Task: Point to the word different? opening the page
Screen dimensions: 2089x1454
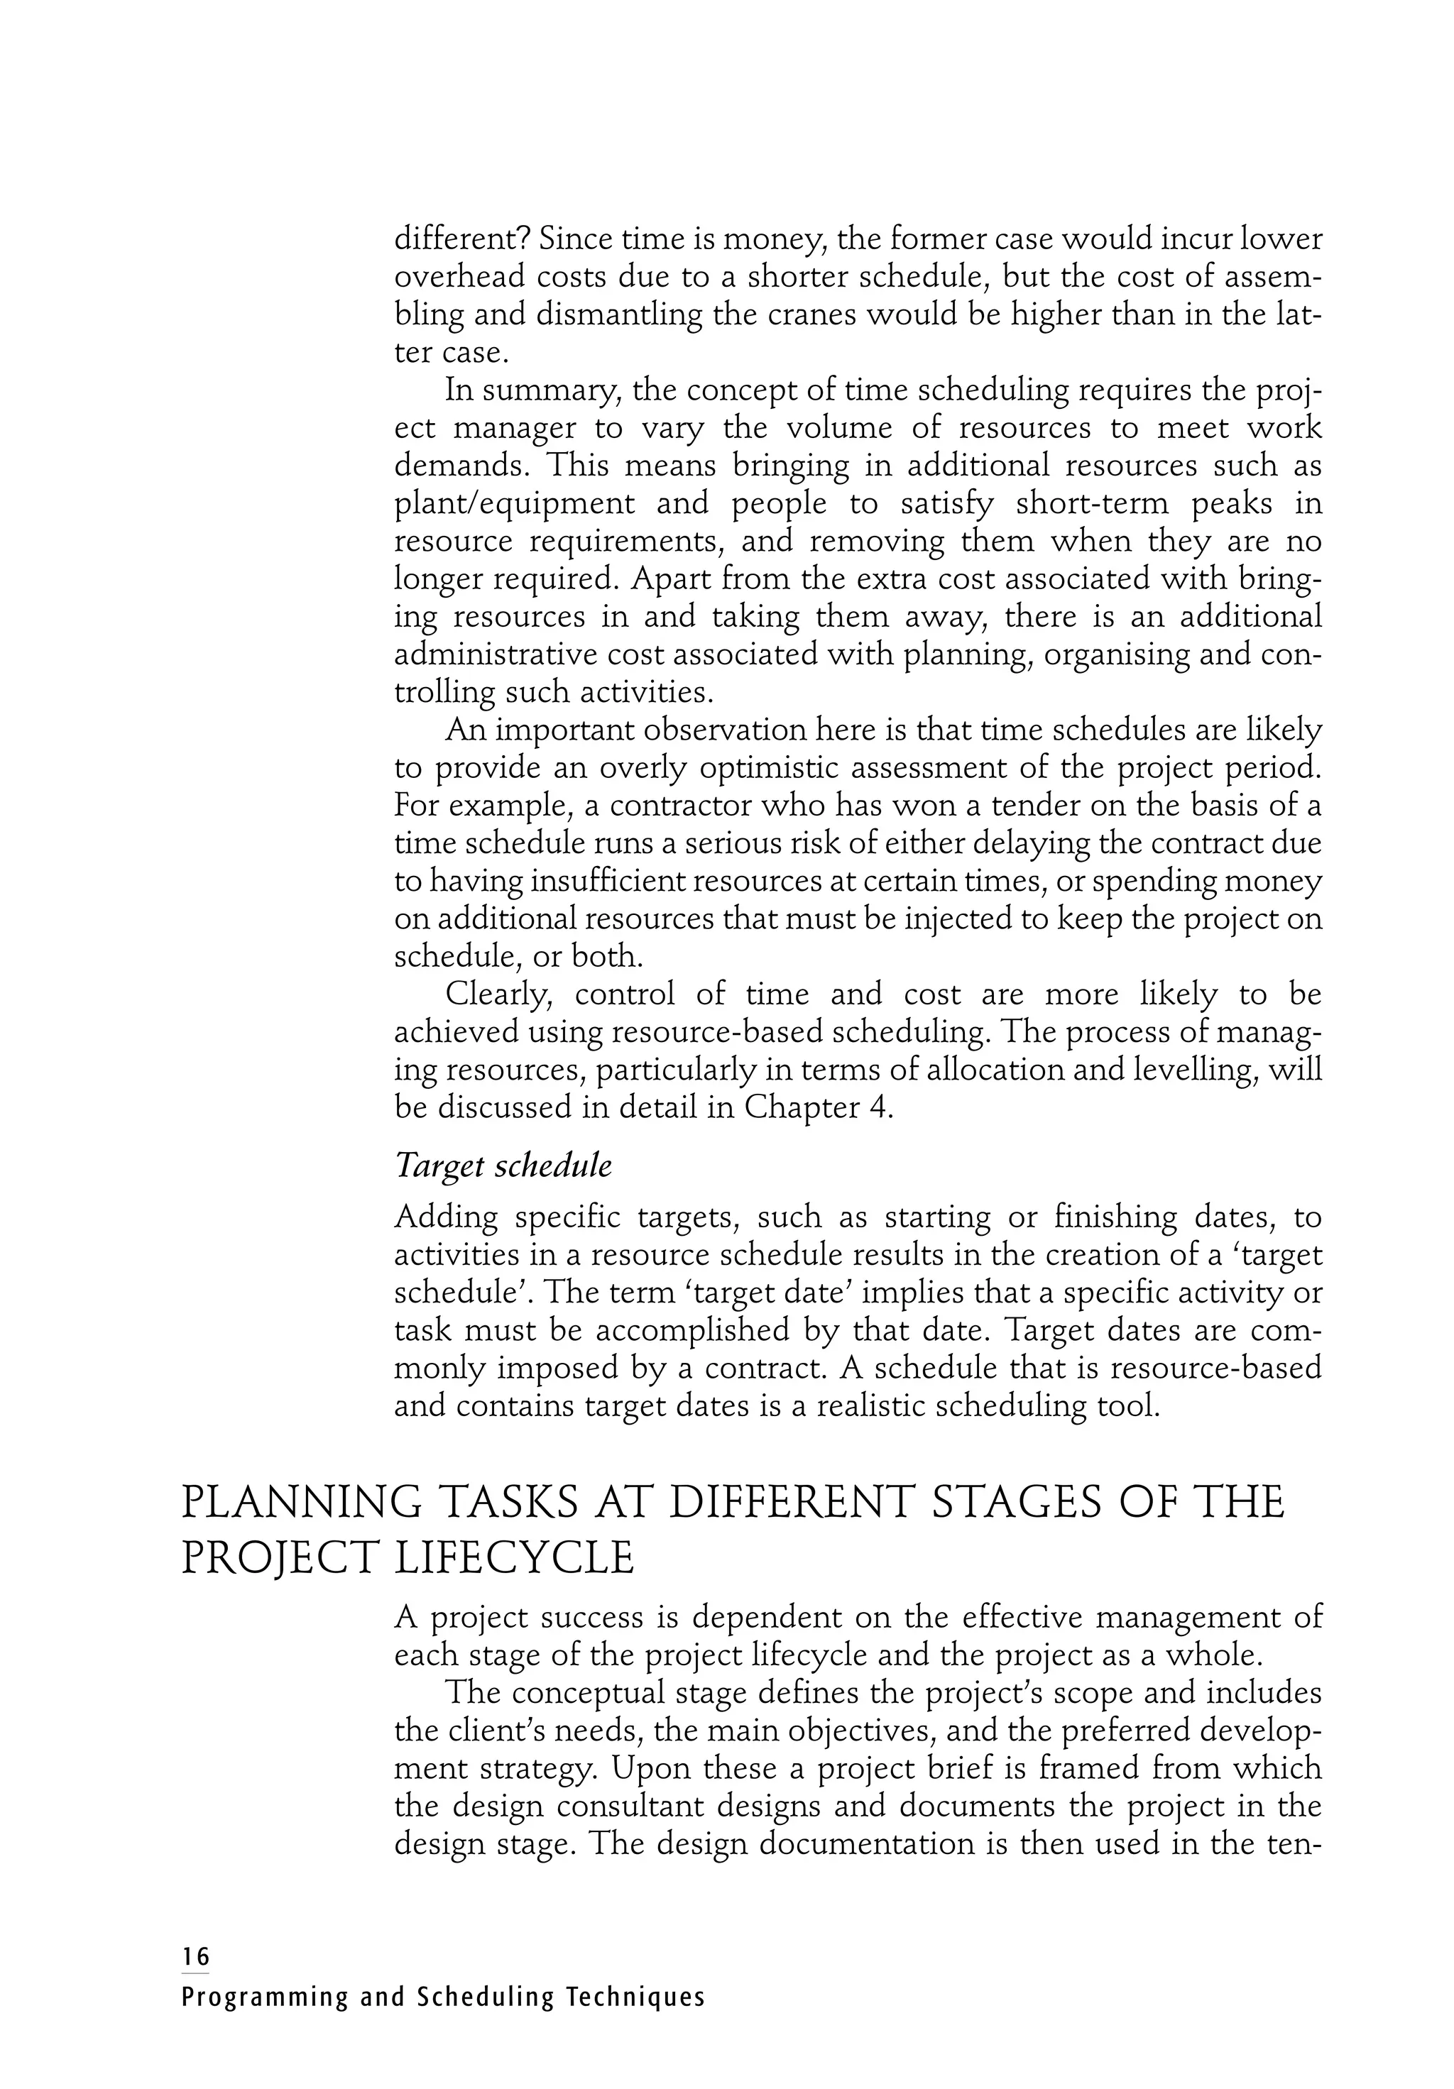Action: coord(459,238)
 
